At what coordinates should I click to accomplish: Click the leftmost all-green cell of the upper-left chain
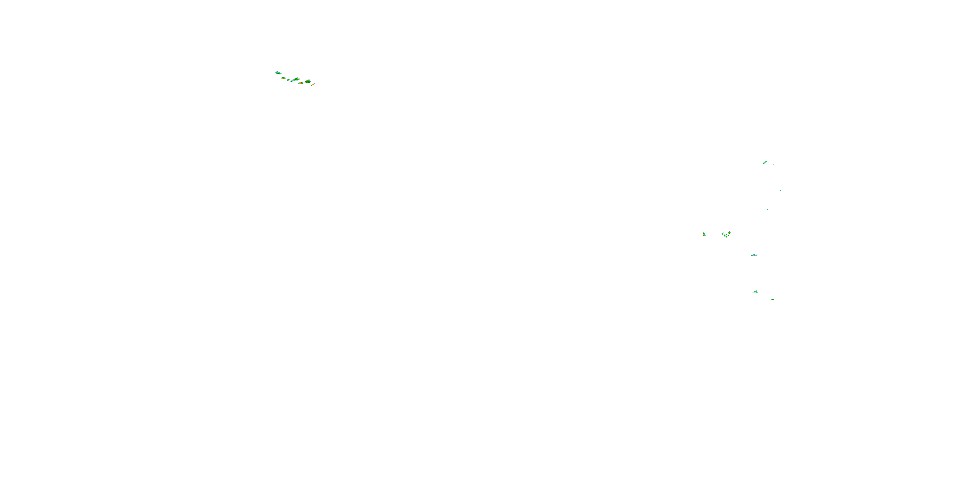(x=279, y=73)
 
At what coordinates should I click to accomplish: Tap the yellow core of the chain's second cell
(x=283, y=79)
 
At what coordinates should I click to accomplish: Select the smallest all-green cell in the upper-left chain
(x=289, y=80)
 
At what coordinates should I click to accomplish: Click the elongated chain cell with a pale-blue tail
(x=296, y=80)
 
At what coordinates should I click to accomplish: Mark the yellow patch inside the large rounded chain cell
(x=307, y=81)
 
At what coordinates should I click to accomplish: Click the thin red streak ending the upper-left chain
(x=313, y=85)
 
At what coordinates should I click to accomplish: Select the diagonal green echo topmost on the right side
(x=765, y=163)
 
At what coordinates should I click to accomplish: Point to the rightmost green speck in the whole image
(x=780, y=190)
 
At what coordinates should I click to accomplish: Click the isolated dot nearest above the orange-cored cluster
(x=768, y=209)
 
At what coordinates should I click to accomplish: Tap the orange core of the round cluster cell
(x=729, y=233)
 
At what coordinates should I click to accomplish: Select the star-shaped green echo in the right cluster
(x=723, y=234)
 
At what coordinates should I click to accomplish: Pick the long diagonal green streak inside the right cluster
(x=725, y=236)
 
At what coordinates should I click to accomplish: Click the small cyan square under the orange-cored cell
(x=729, y=238)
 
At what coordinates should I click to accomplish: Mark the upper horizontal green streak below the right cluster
(x=754, y=255)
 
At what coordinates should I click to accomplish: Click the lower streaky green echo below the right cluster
(x=755, y=291)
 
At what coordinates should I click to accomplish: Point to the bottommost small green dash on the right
(x=773, y=300)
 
